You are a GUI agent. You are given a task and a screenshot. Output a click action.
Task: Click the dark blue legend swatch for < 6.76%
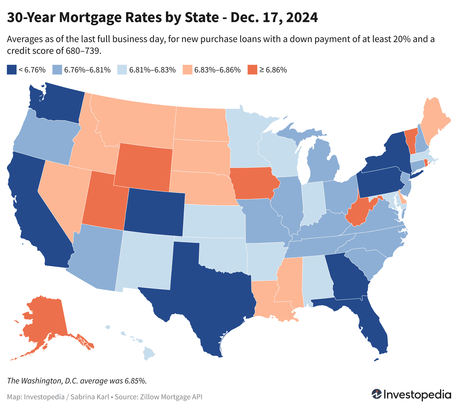tap(11, 70)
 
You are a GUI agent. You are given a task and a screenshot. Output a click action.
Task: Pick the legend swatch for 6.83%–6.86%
tap(187, 70)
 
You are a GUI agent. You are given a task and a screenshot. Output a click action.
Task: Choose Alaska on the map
tap(46, 318)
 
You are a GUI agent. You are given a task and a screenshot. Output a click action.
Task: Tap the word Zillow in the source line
tap(150, 397)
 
